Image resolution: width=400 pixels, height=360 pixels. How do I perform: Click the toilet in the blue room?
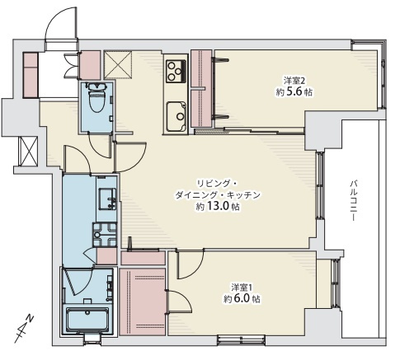pyautogui.click(x=96, y=98)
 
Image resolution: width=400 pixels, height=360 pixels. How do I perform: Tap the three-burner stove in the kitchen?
pyautogui.click(x=176, y=71)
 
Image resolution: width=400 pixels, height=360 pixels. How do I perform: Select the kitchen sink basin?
pyautogui.click(x=176, y=117)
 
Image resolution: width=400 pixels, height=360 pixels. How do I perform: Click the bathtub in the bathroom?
pyautogui.click(x=87, y=320)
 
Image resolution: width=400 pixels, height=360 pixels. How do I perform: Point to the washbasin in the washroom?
pyautogui.click(x=108, y=199)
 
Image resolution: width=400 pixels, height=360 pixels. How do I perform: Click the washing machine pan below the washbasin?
pyautogui.click(x=105, y=235)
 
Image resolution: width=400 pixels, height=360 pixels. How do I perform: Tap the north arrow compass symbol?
pyautogui.click(x=24, y=329)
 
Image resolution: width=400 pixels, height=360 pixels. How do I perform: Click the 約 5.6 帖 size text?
pyautogui.click(x=294, y=92)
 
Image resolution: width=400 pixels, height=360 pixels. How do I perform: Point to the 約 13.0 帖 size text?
pyautogui.click(x=218, y=207)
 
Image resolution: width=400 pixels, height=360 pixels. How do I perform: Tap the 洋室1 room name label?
pyautogui.click(x=242, y=288)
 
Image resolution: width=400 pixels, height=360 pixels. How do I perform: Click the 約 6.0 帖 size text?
pyautogui.click(x=242, y=299)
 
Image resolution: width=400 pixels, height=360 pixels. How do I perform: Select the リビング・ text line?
pyautogui.click(x=217, y=183)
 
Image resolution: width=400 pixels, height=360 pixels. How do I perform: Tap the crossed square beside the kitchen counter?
pyautogui.click(x=118, y=65)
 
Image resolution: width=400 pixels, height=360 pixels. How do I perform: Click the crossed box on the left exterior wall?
pyautogui.click(x=28, y=151)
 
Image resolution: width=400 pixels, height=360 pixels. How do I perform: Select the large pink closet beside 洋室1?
pyautogui.click(x=143, y=302)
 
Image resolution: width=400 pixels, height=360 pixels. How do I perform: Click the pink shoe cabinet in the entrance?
pyautogui.click(x=31, y=75)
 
